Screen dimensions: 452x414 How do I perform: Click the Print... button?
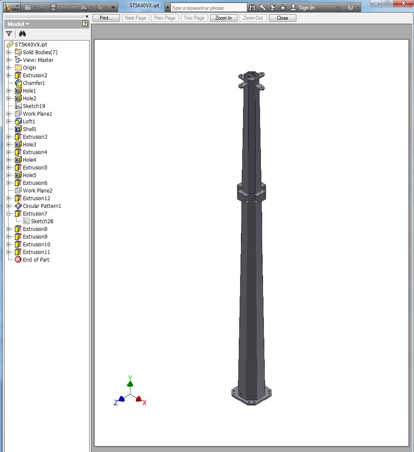click(x=106, y=18)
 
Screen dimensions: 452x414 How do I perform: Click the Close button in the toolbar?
click(x=282, y=18)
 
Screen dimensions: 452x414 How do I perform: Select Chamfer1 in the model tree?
click(x=34, y=83)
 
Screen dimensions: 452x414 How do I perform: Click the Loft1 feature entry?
click(x=29, y=122)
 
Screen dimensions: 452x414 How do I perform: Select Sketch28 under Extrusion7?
click(x=42, y=222)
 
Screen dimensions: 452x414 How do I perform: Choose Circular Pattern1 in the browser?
click(x=42, y=206)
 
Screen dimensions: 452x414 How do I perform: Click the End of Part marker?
click(x=36, y=260)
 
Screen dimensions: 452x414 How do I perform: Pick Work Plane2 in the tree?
click(x=38, y=191)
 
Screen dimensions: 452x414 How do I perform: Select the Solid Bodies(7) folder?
click(x=40, y=52)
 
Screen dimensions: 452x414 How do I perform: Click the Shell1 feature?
click(x=29, y=129)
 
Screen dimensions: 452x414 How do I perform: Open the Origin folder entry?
click(x=29, y=68)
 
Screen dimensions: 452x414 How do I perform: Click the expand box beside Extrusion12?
click(x=9, y=198)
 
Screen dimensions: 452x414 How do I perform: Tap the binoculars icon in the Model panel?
click(x=23, y=34)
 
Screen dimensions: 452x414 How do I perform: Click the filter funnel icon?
click(x=9, y=34)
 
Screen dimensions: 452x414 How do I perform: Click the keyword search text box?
click(x=208, y=8)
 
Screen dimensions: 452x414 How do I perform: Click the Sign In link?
click(x=306, y=8)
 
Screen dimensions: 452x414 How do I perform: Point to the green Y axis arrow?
click(x=130, y=382)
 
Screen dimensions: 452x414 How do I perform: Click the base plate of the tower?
click(x=251, y=396)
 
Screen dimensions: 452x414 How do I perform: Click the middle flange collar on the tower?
click(x=252, y=192)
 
